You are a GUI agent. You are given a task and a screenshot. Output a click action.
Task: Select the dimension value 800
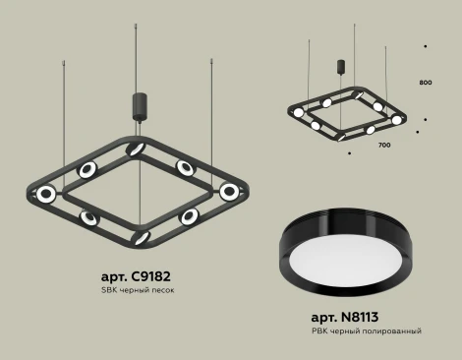425,82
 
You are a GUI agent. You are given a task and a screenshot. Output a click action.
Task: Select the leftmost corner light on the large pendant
43,194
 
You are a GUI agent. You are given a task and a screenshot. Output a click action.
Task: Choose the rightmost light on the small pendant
396,119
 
